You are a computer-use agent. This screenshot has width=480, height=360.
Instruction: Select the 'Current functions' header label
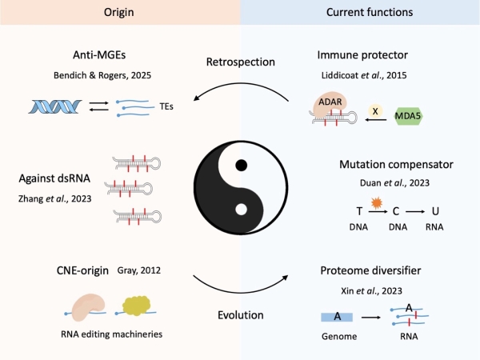[x=360, y=13]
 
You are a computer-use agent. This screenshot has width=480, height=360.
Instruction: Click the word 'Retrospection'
[x=240, y=62]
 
